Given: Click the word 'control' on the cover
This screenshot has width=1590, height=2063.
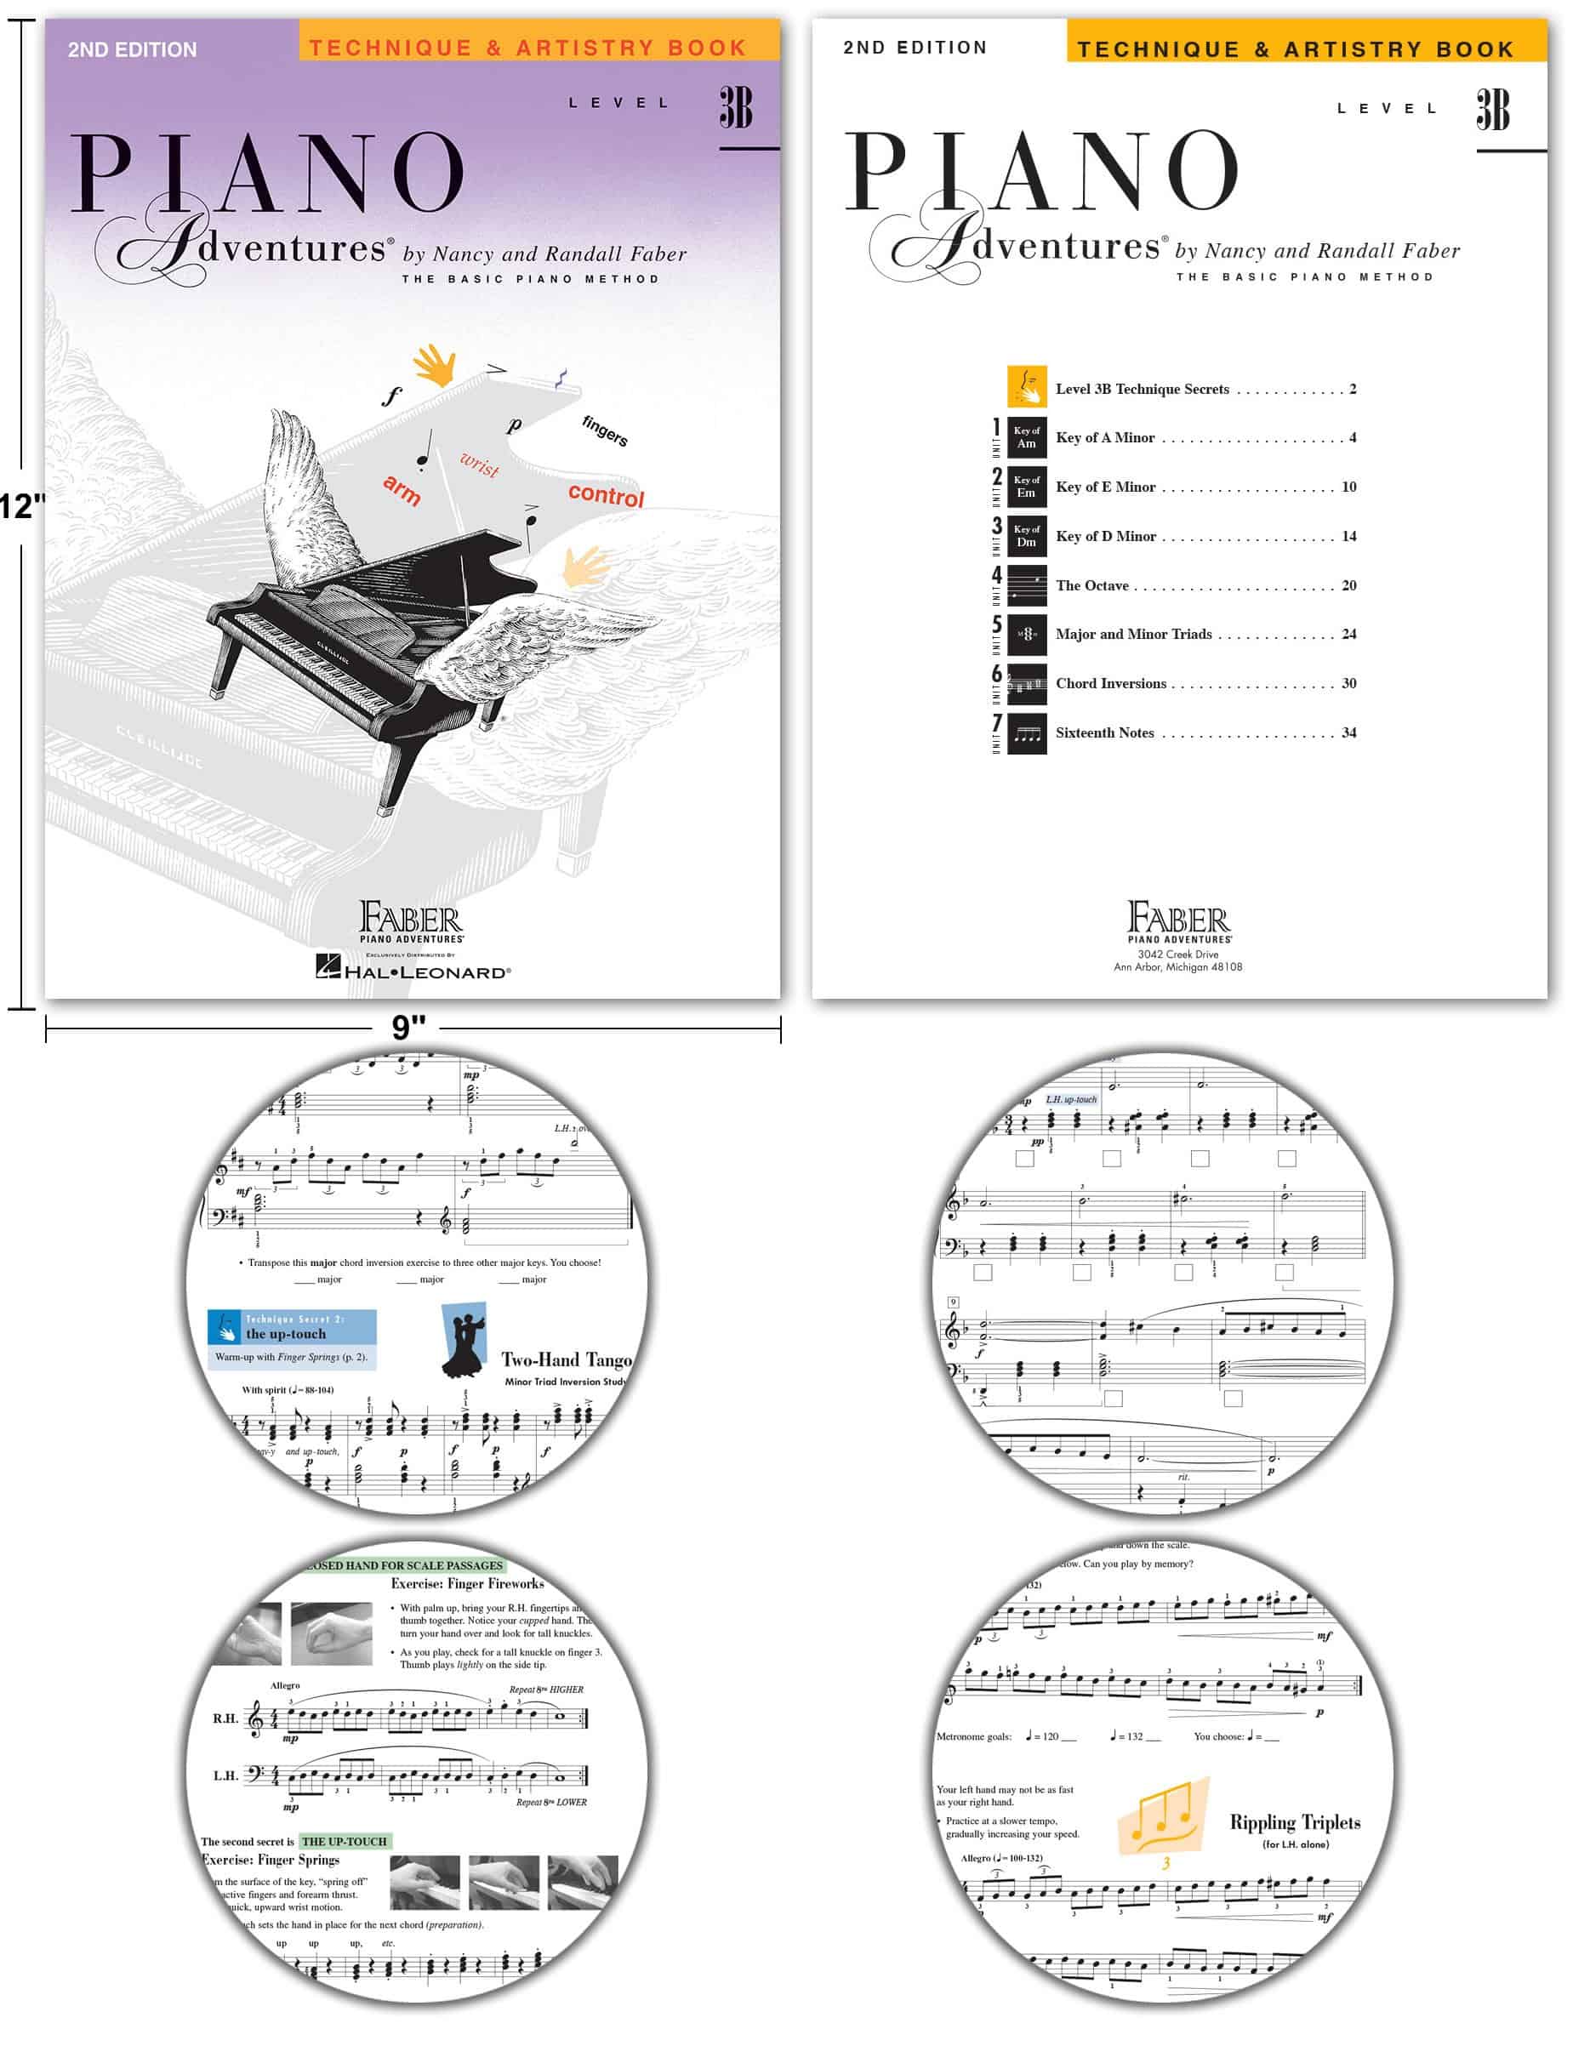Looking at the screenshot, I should (605, 495).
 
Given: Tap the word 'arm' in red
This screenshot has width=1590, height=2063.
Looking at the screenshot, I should (402, 489).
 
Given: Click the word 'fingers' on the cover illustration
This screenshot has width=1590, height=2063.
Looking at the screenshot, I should (605, 430).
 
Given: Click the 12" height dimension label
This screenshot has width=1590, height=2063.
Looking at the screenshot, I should (20, 506).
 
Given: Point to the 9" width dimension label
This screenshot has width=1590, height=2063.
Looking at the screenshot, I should (408, 1028).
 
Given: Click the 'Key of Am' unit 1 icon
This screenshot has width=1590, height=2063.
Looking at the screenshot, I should (1026, 437).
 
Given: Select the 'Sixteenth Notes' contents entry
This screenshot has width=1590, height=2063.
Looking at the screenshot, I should (1104, 732).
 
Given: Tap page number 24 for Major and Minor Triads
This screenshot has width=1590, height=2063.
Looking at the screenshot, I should (1348, 634).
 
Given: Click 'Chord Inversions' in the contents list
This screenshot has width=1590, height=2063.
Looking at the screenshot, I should (1110, 683).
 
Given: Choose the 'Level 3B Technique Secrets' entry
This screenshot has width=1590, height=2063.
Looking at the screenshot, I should (1142, 388).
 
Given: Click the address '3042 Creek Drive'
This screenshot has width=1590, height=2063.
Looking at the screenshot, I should (1177, 954).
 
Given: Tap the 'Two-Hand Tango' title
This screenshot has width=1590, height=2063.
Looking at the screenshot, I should (566, 1359).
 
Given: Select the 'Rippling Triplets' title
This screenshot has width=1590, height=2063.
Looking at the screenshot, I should (1294, 1822).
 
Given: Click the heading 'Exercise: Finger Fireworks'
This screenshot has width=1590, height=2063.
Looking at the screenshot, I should (467, 1583).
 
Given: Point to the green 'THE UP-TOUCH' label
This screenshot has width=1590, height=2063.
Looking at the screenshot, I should (344, 1841).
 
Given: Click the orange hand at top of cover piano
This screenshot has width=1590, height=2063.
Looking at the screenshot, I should (436, 365).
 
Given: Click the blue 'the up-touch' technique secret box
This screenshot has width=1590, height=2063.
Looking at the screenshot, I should (292, 1327).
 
